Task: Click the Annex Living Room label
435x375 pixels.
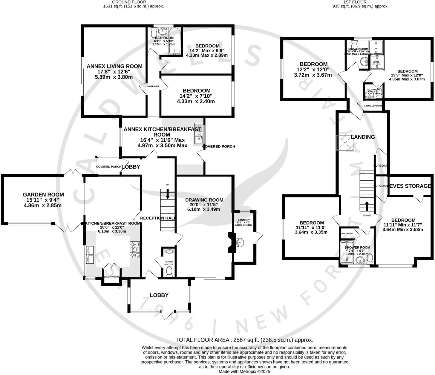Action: tap(114, 66)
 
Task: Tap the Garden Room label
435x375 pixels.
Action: tap(43, 195)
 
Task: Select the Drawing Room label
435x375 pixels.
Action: tap(204, 200)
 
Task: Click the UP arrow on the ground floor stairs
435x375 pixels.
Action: tap(167, 194)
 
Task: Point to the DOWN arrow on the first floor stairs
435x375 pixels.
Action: tap(367, 206)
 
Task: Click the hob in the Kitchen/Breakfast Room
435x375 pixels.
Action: tap(134, 250)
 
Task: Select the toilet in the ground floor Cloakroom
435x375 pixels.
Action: tap(169, 272)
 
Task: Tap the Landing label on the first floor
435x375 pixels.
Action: tap(363, 137)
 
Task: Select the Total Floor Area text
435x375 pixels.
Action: tap(244, 340)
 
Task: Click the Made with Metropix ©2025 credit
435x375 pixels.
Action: tap(244, 372)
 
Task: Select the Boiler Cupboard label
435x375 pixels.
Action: tap(111, 277)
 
